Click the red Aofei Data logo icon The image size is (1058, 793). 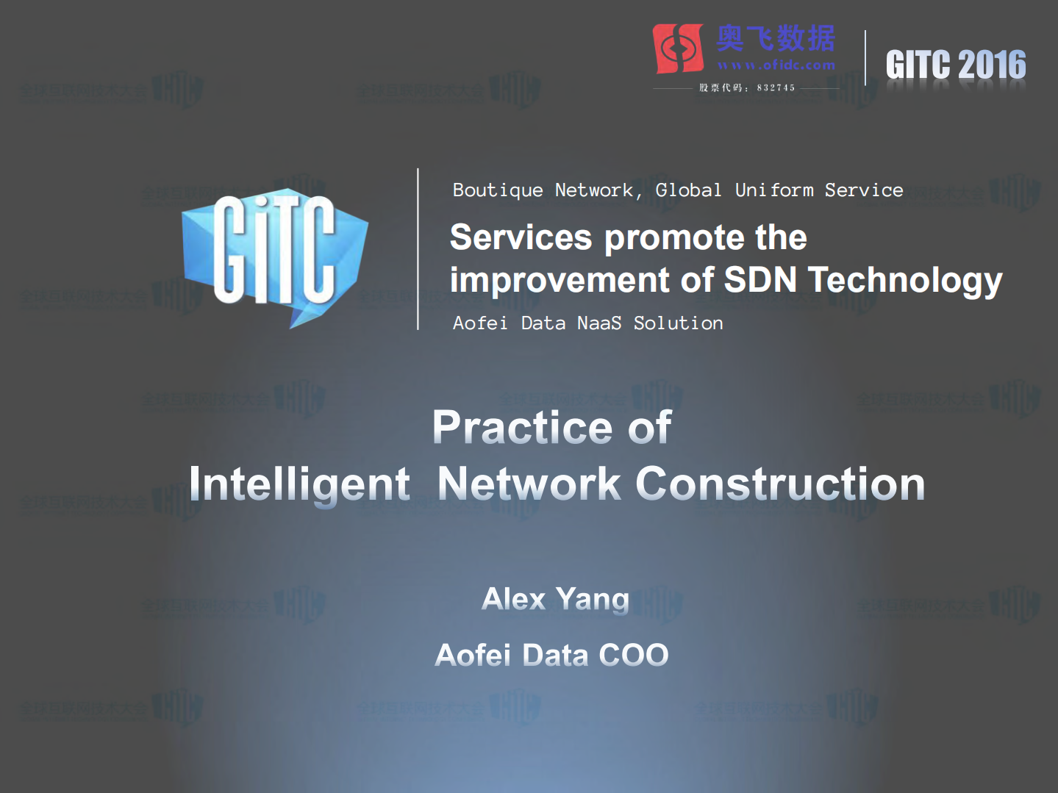(x=678, y=49)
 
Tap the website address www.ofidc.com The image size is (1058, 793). (x=776, y=65)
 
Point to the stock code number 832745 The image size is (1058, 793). (x=776, y=87)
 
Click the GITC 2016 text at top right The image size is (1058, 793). (x=955, y=65)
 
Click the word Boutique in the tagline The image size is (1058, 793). (x=498, y=190)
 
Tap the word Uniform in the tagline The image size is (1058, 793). (x=774, y=190)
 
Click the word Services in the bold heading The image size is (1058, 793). (x=521, y=237)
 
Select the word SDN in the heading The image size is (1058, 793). (x=760, y=280)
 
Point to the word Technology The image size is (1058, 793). (x=905, y=281)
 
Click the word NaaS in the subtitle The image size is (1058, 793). (x=599, y=323)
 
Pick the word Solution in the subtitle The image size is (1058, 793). (x=678, y=323)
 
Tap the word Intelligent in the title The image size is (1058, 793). (x=299, y=485)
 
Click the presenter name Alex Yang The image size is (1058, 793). (x=555, y=599)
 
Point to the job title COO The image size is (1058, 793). (x=634, y=655)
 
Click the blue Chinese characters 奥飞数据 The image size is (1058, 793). (x=776, y=39)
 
